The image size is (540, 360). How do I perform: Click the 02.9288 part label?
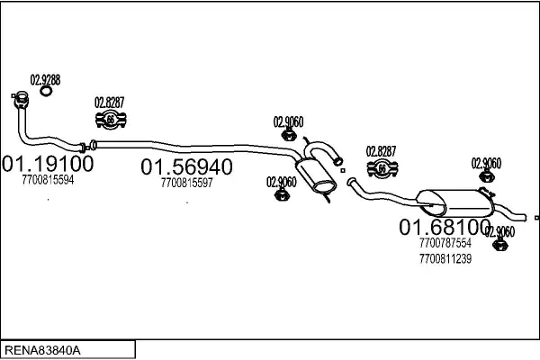[46, 79]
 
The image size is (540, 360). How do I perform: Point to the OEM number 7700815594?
[48, 180]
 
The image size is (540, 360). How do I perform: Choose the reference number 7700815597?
[186, 183]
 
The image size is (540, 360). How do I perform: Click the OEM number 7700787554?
[445, 243]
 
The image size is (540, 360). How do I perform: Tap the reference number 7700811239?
[445, 258]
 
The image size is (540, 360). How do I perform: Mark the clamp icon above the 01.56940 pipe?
[110, 120]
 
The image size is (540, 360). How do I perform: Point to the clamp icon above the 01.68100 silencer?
[382, 168]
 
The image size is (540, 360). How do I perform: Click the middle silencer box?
[316, 175]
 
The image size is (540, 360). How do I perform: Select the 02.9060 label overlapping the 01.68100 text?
[499, 231]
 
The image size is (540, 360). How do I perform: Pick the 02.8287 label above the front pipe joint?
[110, 103]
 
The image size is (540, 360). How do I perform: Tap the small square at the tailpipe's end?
[536, 218]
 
